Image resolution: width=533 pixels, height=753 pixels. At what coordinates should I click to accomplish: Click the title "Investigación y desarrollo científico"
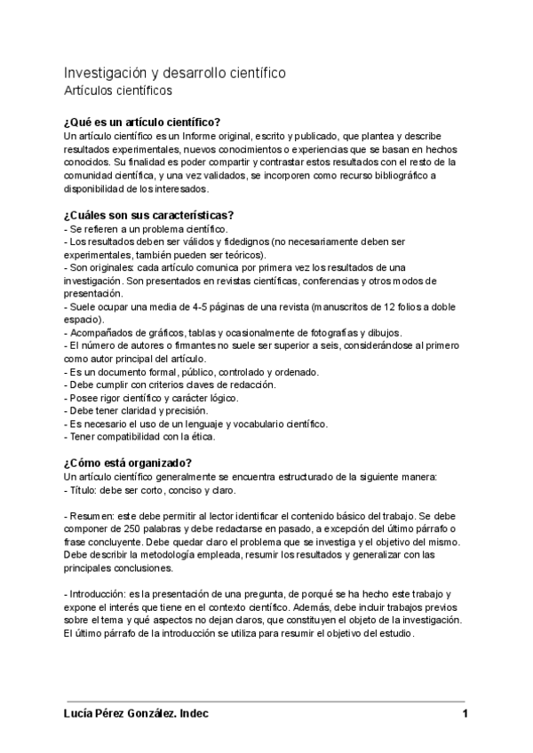click(174, 72)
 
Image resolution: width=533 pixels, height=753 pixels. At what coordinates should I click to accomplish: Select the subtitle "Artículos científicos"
click(118, 91)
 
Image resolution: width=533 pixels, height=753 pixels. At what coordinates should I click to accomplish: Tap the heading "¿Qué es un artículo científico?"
click(142, 123)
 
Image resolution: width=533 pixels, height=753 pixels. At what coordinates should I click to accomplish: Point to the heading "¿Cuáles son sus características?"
click(147, 216)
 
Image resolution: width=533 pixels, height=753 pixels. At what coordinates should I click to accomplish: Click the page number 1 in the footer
click(465, 714)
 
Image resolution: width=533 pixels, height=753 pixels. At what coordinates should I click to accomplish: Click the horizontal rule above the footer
click(266, 701)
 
